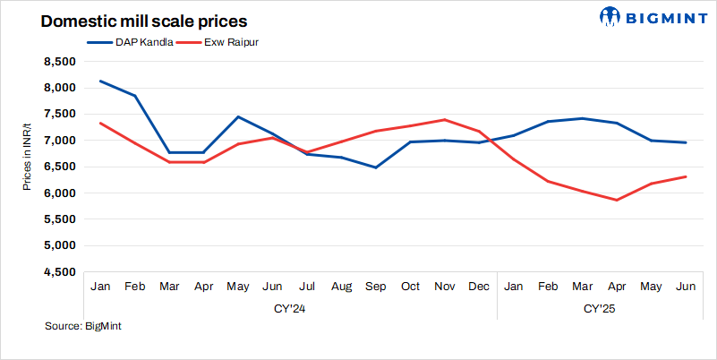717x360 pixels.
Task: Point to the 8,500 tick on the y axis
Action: click(x=56, y=61)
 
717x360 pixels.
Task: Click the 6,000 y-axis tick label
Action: click(x=56, y=193)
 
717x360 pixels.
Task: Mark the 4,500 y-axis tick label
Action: click(x=56, y=271)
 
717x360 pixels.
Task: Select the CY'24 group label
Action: click(x=291, y=308)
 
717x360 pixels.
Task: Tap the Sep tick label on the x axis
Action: click(x=376, y=286)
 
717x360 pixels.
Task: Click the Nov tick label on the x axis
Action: click(x=445, y=286)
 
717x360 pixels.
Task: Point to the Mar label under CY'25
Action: click(x=583, y=286)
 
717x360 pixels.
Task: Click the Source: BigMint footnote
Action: click(x=83, y=326)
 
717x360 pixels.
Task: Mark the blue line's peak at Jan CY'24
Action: click(x=101, y=81)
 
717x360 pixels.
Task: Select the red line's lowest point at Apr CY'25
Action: click(x=617, y=200)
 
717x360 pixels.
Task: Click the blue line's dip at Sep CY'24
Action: click(x=376, y=167)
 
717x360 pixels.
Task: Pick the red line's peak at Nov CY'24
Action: click(x=445, y=119)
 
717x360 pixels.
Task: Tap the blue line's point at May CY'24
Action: click(x=238, y=116)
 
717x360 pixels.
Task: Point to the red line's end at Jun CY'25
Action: click(x=686, y=176)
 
